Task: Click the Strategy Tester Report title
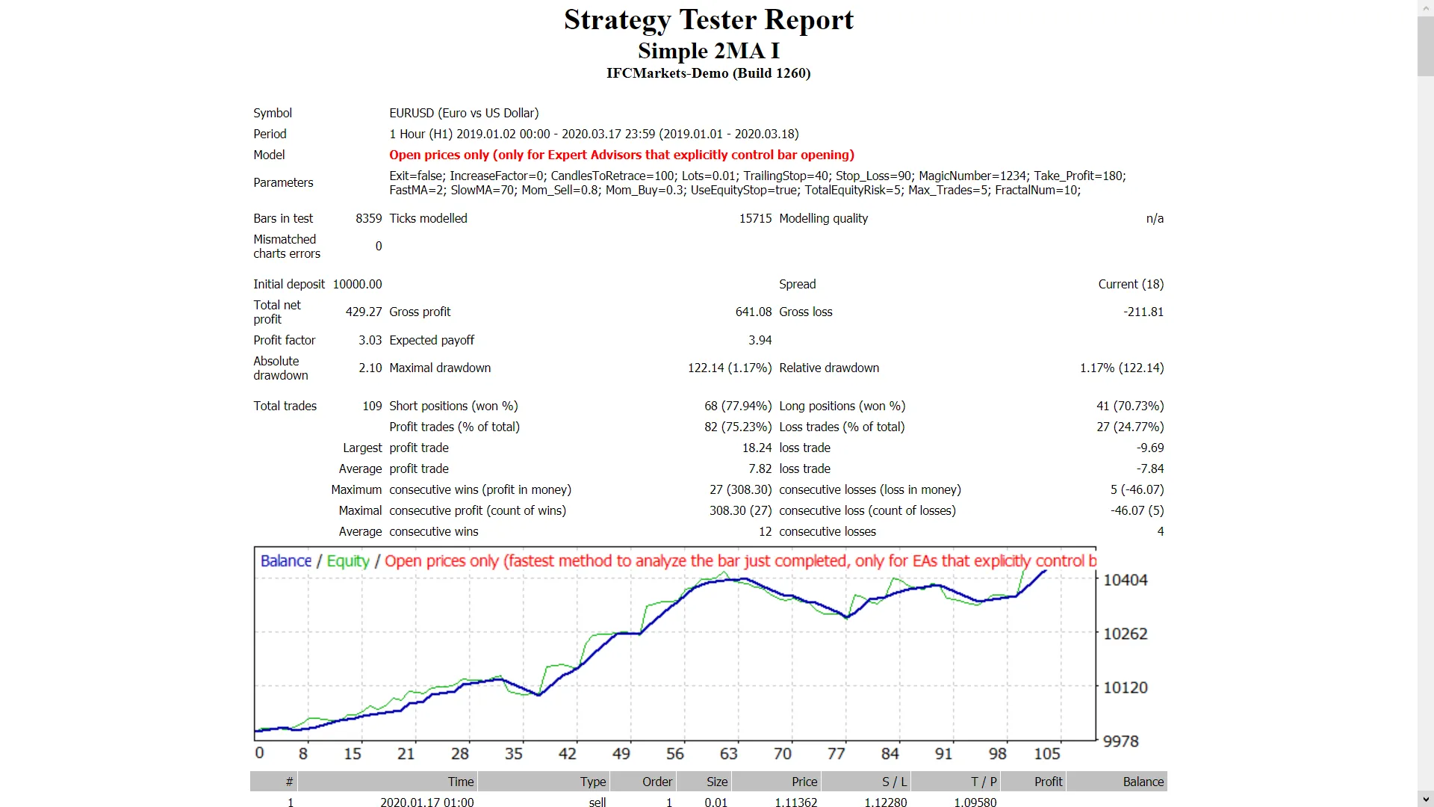click(708, 20)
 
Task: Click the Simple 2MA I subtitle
click(708, 51)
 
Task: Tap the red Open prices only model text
click(621, 155)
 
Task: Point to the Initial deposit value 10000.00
click(357, 284)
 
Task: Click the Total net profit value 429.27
click(363, 312)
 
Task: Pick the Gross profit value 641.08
click(753, 312)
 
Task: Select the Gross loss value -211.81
click(1143, 312)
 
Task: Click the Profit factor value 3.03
click(370, 340)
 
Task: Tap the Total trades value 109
click(372, 406)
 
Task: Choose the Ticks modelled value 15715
click(755, 218)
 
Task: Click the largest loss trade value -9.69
click(1149, 448)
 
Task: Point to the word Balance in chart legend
click(285, 561)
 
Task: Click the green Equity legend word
click(348, 561)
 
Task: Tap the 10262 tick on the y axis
click(1125, 634)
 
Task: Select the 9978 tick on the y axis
click(1120, 741)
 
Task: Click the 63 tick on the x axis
click(728, 754)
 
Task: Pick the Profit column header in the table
click(1048, 782)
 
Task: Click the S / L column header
click(894, 782)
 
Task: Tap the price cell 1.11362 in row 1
click(795, 802)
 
